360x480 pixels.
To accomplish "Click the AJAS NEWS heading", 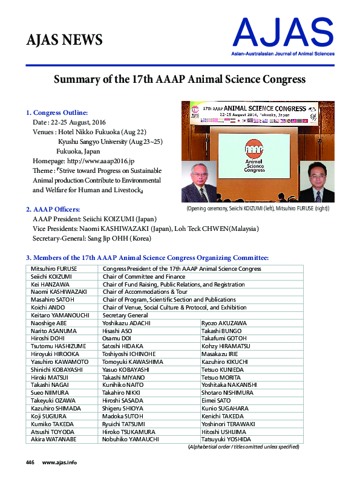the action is coord(65,41).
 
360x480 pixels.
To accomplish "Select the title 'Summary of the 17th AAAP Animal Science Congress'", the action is coord(180,79).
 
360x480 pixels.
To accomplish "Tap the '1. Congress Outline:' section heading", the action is coord(57,112).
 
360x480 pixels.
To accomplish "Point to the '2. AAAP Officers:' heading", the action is coord(53,209).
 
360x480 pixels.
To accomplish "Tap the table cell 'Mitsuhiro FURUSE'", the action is coord(54,268).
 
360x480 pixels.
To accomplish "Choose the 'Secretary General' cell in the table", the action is coord(125,316).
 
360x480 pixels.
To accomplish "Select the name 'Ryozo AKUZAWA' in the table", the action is coord(223,323).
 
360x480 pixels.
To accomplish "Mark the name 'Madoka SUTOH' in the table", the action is coord(123,417).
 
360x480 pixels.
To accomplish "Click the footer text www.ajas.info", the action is coord(59,462).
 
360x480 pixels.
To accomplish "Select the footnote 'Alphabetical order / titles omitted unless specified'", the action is coord(245,447).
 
